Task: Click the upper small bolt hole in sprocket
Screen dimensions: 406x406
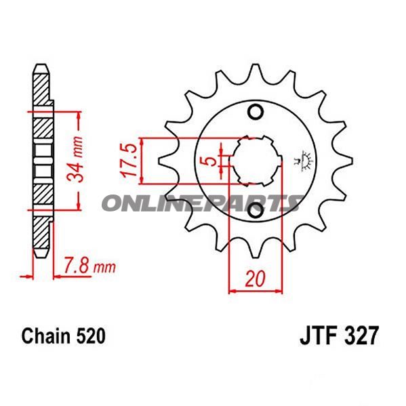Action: (256, 111)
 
